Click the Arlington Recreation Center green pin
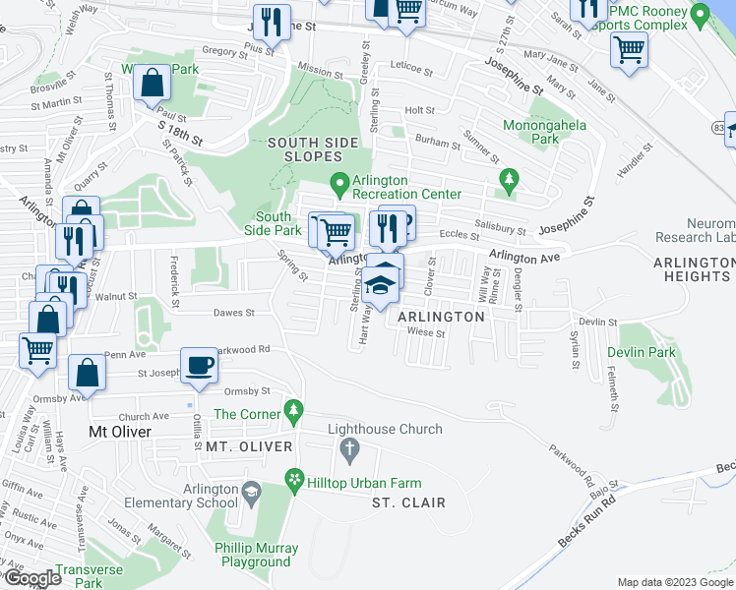pos(339,183)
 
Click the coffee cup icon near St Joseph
pos(200,365)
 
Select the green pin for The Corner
pos(292,408)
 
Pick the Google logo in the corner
pos(32,578)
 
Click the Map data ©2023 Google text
pos(674,581)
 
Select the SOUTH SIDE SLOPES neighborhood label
pos(313,150)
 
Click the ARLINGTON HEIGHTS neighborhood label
pos(695,269)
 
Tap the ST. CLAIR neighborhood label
pos(408,502)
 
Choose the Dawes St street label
pos(235,314)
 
